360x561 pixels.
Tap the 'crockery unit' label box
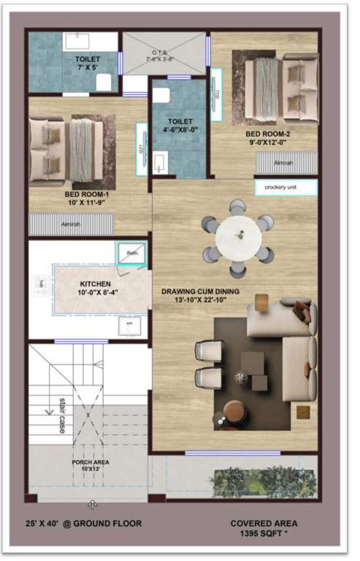(x=286, y=188)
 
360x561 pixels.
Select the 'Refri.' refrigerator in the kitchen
(x=132, y=253)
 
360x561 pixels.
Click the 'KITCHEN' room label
(x=96, y=285)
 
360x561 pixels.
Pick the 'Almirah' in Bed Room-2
(x=286, y=163)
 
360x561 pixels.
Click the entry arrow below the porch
(x=93, y=504)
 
